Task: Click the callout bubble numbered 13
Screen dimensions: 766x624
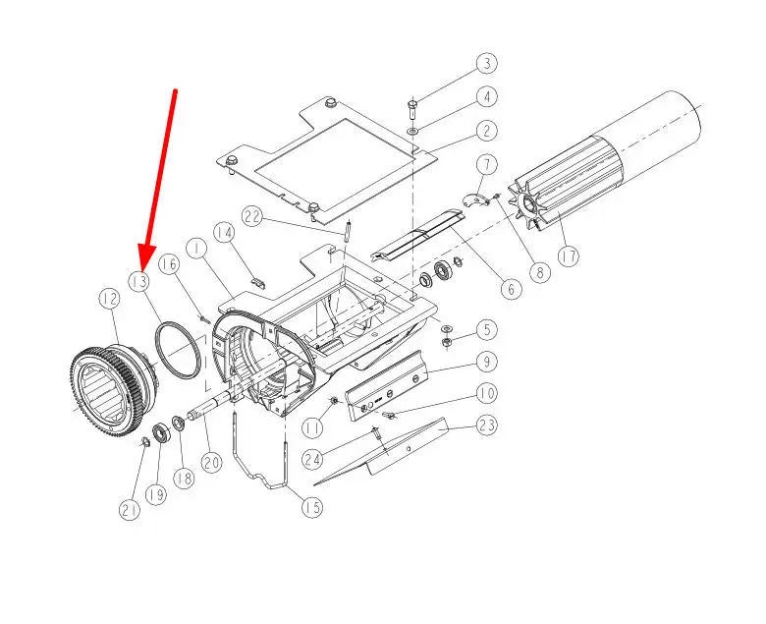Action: tap(139, 281)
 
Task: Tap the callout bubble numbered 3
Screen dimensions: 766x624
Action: tap(486, 64)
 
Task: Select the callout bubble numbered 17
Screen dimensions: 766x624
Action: tap(569, 256)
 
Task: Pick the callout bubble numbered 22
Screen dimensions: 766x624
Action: tap(253, 216)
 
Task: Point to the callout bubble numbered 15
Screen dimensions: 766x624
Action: tap(312, 507)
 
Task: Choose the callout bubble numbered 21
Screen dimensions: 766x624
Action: tap(130, 511)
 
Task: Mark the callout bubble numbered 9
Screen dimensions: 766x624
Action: tap(486, 362)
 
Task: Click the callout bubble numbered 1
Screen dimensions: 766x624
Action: tap(197, 250)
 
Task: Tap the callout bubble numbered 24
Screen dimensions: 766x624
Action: tap(313, 459)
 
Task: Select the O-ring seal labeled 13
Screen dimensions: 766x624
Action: tap(178, 350)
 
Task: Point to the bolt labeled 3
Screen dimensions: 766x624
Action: tap(411, 109)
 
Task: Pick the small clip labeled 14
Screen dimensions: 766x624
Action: tap(258, 282)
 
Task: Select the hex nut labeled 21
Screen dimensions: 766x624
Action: tap(144, 443)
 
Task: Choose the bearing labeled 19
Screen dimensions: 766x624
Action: tap(161, 433)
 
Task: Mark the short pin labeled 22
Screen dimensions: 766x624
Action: tap(348, 231)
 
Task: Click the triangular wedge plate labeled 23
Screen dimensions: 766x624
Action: tap(381, 452)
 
